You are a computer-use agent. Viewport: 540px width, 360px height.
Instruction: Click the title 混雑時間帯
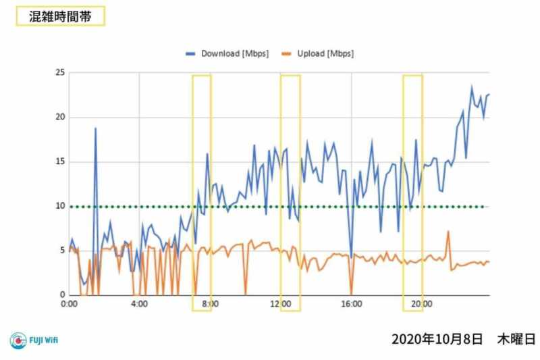click(x=60, y=17)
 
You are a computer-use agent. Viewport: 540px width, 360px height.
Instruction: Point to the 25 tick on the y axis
click(x=60, y=72)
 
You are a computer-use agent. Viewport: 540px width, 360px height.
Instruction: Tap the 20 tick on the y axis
click(x=60, y=117)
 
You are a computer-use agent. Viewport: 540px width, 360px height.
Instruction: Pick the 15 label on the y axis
click(x=60, y=161)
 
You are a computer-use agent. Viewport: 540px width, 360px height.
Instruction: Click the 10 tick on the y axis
click(x=60, y=206)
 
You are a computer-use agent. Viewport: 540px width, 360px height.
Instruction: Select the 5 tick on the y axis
click(x=62, y=251)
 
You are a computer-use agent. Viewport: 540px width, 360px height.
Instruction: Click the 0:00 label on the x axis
click(x=69, y=305)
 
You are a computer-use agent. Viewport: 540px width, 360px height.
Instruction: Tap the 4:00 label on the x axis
click(x=139, y=305)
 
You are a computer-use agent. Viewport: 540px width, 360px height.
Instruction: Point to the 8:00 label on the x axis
click(x=210, y=305)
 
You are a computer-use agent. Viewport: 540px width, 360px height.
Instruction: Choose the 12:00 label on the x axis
click(x=281, y=305)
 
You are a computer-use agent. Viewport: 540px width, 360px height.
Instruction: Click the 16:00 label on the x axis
click(x=352, y=305)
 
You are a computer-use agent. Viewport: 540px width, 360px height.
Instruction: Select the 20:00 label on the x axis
click(x=423, y=305)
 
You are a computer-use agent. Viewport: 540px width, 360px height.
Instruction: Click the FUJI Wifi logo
click(x=34, y=340)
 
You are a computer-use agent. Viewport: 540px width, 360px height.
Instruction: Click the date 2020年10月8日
click(x=437, y=338)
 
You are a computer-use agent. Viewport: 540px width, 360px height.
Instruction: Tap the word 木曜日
click(x=517, y=338)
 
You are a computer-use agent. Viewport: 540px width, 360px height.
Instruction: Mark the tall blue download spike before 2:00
click(x=95, y=128)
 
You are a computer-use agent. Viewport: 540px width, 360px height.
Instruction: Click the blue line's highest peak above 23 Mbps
click(x=472, y=86)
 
